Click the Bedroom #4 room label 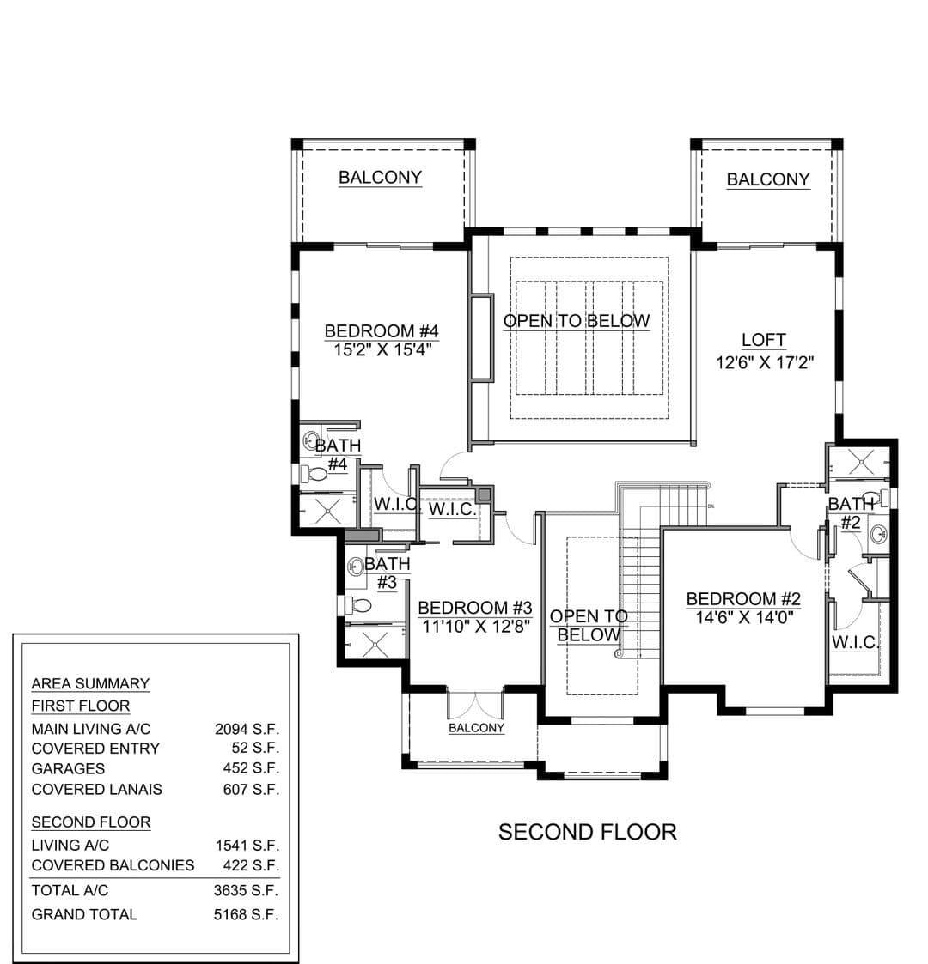click(381, 330)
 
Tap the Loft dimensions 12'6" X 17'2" click(764, 362)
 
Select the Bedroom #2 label click(743, 598)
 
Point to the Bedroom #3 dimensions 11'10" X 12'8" click(476, 627)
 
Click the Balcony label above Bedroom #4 click(381, 177)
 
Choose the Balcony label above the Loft click(768, 179)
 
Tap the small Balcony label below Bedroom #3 click(476, 728)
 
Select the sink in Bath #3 click(356, 567)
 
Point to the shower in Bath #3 click(375, 643)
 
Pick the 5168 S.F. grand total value click(246, 915)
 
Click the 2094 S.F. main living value click(247, 729)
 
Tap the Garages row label click(68, 768)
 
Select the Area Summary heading click(90, 683)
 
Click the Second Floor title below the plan click(587, 832)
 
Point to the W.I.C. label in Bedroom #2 click(855, 642)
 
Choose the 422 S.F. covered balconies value click(251, 865)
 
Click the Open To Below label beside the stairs click(589, 626)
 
